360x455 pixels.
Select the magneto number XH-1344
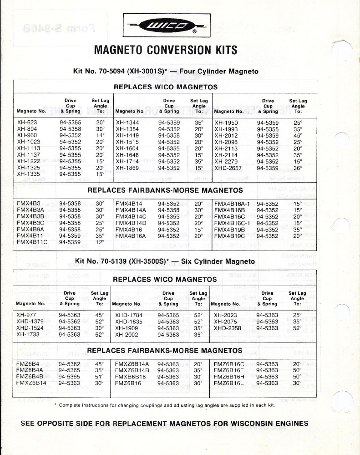pos(127,123)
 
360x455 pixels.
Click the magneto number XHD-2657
pos(229,167)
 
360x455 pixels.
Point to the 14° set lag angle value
pos(101,135)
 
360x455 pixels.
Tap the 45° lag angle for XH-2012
pos(298,135)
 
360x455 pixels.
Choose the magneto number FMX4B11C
pos(32,242)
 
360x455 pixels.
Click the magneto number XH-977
pos(26,315)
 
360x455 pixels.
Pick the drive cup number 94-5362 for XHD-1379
pos(70,322)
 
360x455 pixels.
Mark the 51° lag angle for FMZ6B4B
pos(100,377)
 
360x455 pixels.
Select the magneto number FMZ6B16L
pos(229,383)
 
